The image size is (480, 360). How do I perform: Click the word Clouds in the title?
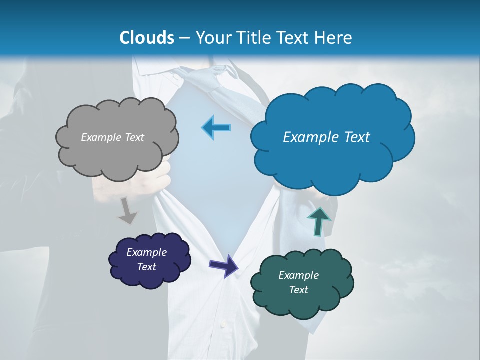pyautogui.click(x=146, y=38)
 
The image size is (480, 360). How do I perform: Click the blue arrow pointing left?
pyautogui.click(x=216, y=128)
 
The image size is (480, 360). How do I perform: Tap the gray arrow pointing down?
pyautogui.click(x=128, y=211)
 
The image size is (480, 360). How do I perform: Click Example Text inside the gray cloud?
pyautogui.click(x=112, y=137)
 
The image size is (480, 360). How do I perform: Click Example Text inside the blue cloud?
pyautogui.click(x=326, y=137)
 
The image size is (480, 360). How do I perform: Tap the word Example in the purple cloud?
pyautogui.click(x=146, y=252)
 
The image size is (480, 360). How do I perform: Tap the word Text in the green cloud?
pyautogui.click(x=299, y=290)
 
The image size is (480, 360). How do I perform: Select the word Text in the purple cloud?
pyautogui.click(x=147, y=267)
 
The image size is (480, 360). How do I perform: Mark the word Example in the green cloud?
pyautogui.click(x=298, y=275)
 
